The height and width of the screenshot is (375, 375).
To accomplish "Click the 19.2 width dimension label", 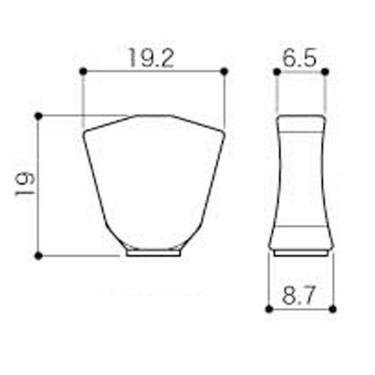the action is tap(151, 58).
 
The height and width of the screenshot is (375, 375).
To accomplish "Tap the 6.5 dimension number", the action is tap(300, 58).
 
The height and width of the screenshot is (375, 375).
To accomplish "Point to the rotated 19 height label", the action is tap(25, 184).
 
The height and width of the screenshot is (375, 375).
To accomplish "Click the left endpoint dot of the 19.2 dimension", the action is tap(83, 71).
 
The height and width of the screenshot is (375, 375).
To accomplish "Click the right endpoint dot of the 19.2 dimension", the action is tap(224, 71).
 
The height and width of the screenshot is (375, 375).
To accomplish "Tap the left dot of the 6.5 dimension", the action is tap(277, 72).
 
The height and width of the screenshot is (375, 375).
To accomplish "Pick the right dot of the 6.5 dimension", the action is tap(325, 72).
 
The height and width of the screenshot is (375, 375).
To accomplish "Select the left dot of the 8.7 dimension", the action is tap(269, 309).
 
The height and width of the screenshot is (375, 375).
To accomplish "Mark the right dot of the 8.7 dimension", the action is tap(332, 309).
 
